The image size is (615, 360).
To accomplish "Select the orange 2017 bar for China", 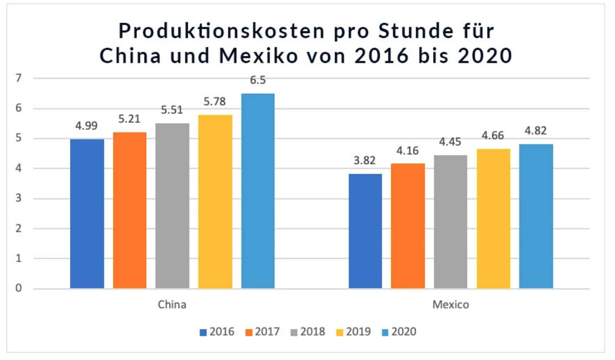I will (130, 210).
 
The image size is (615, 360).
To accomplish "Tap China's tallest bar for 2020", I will (258, 191).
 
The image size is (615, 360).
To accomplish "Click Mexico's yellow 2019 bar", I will (493, 218).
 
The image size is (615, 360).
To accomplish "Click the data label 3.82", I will (365, 161).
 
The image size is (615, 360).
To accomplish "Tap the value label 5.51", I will (172, 110).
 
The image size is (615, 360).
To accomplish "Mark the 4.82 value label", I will (536, 131).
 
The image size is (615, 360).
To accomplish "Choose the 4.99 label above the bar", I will (87, 126).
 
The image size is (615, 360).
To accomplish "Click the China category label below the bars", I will (172, 305).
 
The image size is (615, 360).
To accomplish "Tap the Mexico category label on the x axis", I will (450, 305).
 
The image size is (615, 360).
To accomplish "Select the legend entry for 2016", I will (217, 331).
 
